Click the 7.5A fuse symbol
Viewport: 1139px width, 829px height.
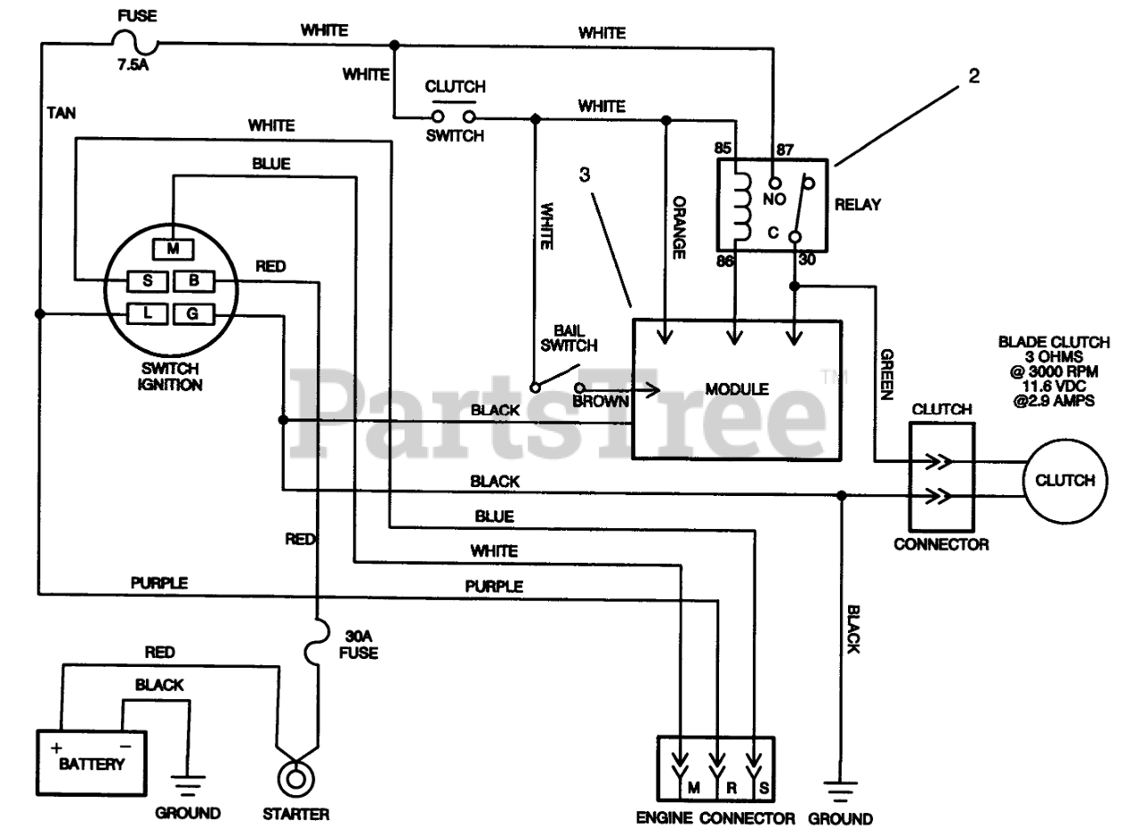pyautogui.click(x=134, y=42)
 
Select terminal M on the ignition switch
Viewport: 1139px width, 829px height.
pyautogui.click(x=173, y=248)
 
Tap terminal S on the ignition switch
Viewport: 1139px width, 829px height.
pyautogui.click(x=147, y=280)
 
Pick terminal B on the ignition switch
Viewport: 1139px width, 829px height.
pyautogui.click(x=194, y=280)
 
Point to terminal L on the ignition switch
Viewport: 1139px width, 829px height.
pyautogui.click(x=147, y=313)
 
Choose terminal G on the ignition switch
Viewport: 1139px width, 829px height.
pyautogui.click(x=194, y=313)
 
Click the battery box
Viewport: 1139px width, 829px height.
pyautogui.click(x=92, y=763)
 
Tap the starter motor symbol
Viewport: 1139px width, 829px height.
pyautogui.click(x=296, y=779)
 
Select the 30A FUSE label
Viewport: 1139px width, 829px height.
pyautogui.click(x=359, y=645)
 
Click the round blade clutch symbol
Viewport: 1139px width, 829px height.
pyautogui.click(x=1065, y=481)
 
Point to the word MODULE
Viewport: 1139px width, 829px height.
pyautogui.click(x=737, y=389)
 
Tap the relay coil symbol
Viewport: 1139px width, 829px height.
pyautogui.click(x=741, y=207)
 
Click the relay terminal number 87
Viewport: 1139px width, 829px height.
pyautogui.click(x=785, y=150)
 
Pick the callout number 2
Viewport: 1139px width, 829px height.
pyautogui.click(x=973, y=76)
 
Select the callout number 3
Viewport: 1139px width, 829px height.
pyautogui.click(x=585, y=175)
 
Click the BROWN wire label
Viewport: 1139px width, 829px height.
pyautogui.click(x=601, y=402)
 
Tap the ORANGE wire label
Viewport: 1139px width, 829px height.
pyautogui.click(x=679, y=227)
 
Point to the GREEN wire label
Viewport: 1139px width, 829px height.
pyautogui.click(x=887, y=375)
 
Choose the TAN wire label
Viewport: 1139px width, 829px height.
pyautogui.click(x=61, y=113)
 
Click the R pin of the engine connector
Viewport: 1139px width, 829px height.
pyautogui.click(x=731, y=788)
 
